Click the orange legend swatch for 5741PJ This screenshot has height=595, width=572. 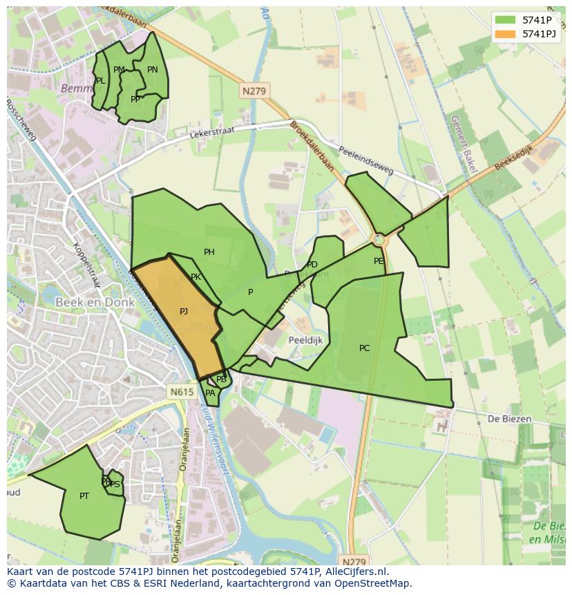506,34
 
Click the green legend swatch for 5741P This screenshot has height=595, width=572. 506,20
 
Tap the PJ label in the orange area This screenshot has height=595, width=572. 184,312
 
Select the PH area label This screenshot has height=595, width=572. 209,252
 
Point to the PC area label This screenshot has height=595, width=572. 365,348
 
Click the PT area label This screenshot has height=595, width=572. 84,496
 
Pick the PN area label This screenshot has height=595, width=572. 153,70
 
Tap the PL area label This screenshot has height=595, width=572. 101,81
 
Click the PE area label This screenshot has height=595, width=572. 379,261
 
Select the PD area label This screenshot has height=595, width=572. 312,265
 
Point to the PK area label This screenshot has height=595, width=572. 196,277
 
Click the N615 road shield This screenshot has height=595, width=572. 182,392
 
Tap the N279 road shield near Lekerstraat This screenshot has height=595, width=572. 255,91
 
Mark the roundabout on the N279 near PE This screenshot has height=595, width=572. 378,239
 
